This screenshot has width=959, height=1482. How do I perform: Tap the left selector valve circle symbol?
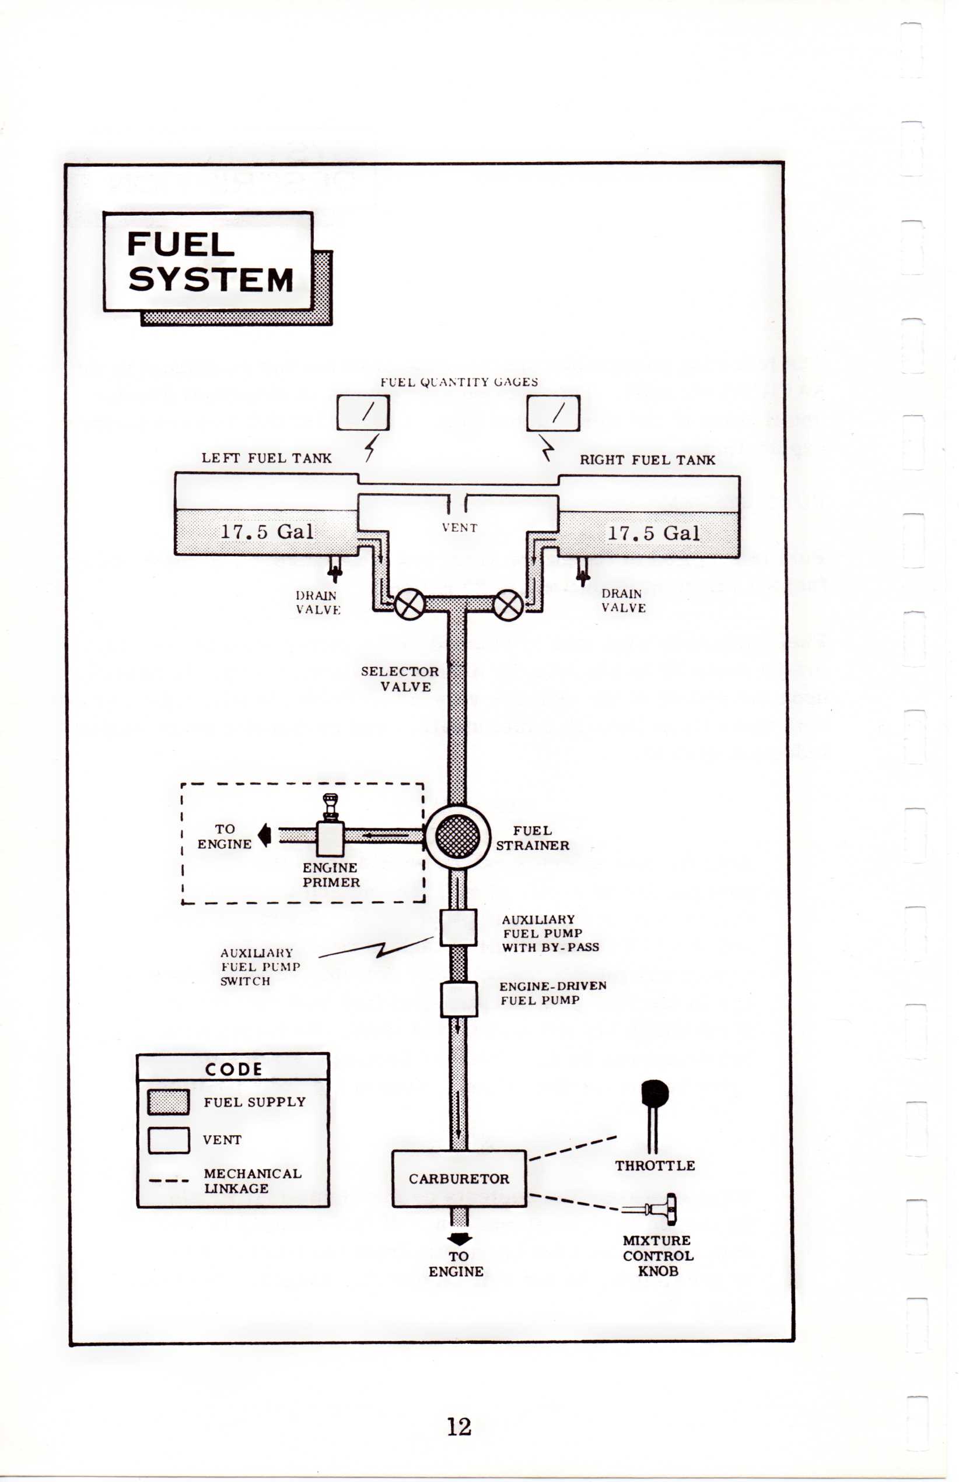tap(409, 605)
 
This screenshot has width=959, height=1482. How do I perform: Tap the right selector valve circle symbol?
tap(508, 605)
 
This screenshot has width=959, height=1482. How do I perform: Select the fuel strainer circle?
tap(458, 837)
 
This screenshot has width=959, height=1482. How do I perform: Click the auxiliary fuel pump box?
tap(459, 927)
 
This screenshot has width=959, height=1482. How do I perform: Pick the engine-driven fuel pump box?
tap(459, 999)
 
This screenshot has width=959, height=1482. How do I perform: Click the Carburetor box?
tap(459, 1178)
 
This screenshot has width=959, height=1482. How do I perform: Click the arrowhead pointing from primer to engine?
tap(264, 835)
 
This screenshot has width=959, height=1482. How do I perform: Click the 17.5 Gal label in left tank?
tap(267, 531)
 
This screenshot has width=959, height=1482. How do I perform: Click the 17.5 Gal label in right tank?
tap(653, 533)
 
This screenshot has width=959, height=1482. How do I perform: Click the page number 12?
tap(459, 1426)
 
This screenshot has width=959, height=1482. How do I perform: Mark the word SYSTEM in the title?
tap(211, 279)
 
